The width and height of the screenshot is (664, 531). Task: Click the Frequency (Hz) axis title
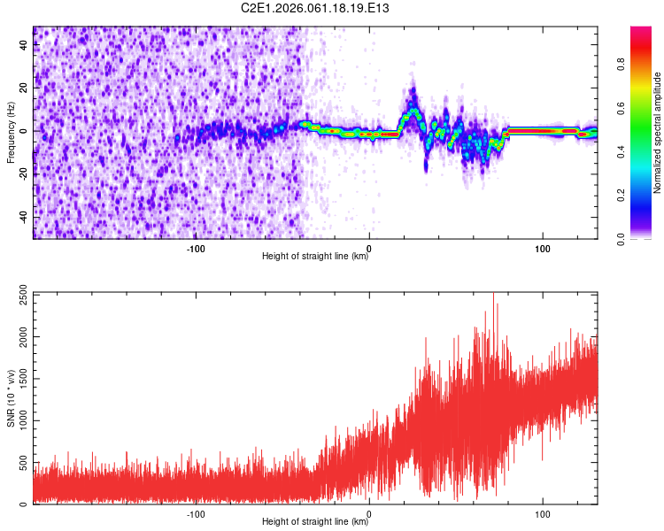[10, 131]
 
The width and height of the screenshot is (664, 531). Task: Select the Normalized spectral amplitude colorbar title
[658, 132]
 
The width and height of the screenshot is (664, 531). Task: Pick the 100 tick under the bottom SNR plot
[543, 512]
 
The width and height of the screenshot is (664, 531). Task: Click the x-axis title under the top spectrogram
[315, 256]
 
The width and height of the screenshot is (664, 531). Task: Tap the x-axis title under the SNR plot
[315, 522]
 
